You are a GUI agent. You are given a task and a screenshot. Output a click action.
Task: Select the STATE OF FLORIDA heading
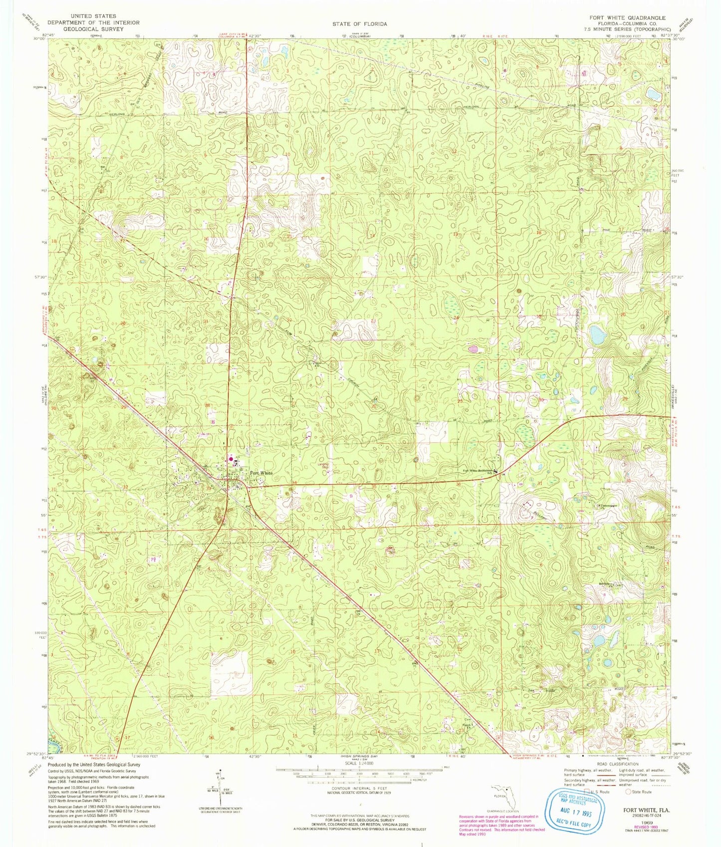pos(360,23)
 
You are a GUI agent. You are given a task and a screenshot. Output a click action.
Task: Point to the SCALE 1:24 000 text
pos(359,764)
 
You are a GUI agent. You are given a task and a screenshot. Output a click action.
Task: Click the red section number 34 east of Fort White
pos(294,482)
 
